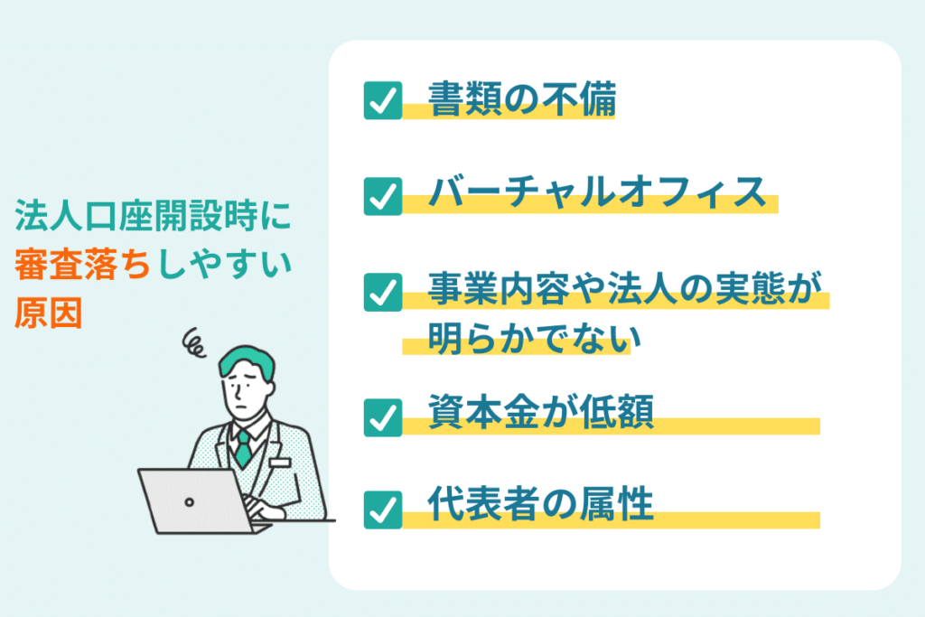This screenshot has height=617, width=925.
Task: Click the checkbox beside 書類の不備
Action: (x=383, y=100)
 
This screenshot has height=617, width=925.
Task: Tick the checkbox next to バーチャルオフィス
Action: (x=383, y=196)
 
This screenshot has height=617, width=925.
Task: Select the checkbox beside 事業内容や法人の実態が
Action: (x=383, y=292)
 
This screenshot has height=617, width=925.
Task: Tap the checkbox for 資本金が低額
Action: (x=383, y=417)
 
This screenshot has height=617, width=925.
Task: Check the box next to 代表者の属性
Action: (x=383, y=509)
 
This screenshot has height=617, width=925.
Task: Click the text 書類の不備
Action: (x=522, y=99)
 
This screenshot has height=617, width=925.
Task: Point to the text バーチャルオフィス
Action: (x=597, y=192)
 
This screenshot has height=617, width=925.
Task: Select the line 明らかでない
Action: (x=534, y=338)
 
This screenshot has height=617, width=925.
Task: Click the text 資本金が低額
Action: (x=541, y=411)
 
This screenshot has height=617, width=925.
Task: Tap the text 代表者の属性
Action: (x=541, y=504)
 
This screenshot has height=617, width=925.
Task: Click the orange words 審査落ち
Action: (x=83, y=264)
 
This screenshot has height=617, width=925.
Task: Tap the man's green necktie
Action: (x=243, y=449)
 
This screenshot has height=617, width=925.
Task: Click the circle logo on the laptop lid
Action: (x=189, y=502)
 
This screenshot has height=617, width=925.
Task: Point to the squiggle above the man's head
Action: (x=193, y=342)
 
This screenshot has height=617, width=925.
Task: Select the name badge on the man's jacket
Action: (x=280, y=462)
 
